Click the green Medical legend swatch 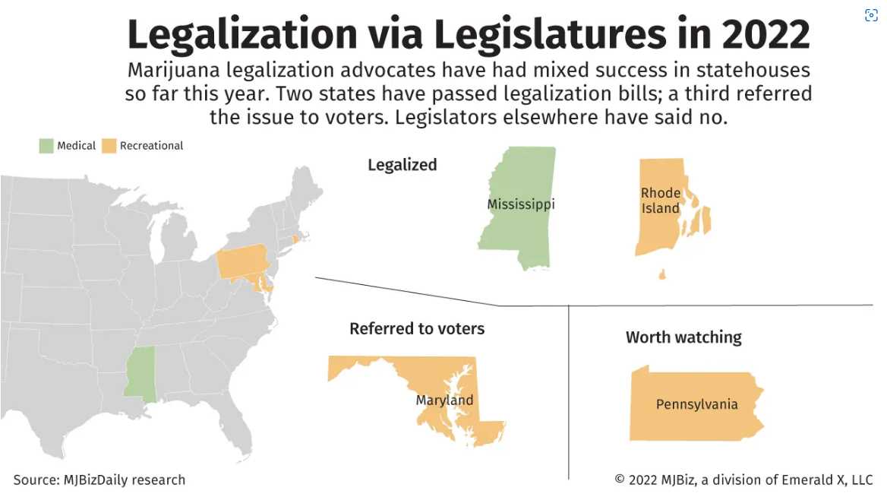pos(46,146)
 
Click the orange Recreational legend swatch pos(109,146)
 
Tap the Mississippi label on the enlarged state pos(521,204)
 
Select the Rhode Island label pos(661,201)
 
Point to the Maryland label pos(444,400)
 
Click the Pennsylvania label pos(696,404)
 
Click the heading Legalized pos(402,165)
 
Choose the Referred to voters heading pos(417,329)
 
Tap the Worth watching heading pos(683,337)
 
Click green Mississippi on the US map pos(140,372)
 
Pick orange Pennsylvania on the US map pos(241,263)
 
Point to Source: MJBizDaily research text pos(99,480)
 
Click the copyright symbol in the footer pos(620,480)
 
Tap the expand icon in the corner pos(871,16)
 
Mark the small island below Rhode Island pos(662,274)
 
